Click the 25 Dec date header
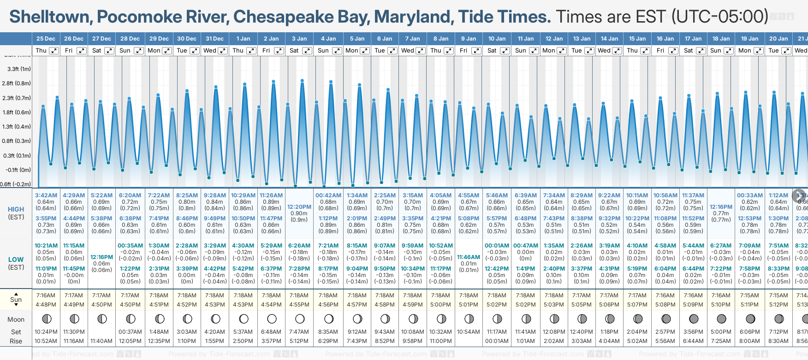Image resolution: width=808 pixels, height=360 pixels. [46, 39]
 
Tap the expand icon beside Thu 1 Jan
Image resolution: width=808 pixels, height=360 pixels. [251, 51]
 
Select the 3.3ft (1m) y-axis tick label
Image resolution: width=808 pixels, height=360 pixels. [19, 69]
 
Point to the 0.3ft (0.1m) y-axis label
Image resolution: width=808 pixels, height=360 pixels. [17, 156]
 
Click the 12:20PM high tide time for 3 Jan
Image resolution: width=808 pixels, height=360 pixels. [299, 207]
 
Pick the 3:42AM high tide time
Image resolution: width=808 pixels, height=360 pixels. [46, 195]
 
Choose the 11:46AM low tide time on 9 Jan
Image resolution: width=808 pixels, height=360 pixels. [469, 257]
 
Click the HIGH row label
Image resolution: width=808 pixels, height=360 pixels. [16, 209]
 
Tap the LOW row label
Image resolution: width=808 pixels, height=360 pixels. [16, 260]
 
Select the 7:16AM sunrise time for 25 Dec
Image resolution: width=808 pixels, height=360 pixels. [46, 295]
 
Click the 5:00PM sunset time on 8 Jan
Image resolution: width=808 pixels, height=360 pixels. [440, 305]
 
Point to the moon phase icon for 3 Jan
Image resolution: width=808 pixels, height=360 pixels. [300, 319]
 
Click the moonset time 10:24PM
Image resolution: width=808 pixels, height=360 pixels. [46, 332]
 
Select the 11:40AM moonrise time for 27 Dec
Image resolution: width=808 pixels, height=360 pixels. [101, 341]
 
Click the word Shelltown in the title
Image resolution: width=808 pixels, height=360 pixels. [49, 17]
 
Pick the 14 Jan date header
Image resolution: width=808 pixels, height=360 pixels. [610, 39]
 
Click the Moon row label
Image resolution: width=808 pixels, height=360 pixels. [16, 319]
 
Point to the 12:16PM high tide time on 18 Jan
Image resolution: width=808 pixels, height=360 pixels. [721, 207]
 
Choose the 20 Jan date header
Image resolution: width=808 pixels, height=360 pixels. [778, 39]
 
